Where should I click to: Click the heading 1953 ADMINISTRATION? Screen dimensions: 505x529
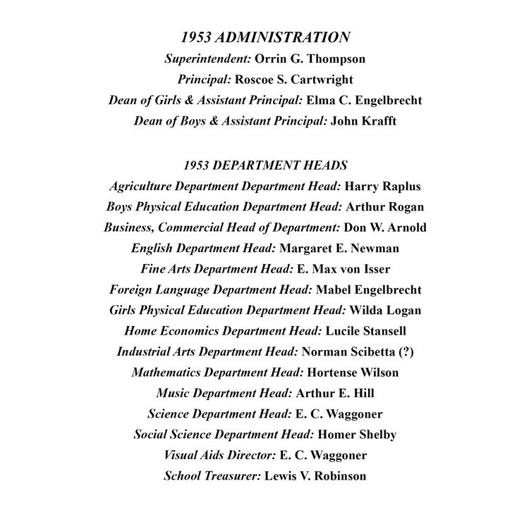point(265,37)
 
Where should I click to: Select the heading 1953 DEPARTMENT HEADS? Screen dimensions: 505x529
point(265,166)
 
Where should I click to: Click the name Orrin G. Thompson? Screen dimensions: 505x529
point(310,58)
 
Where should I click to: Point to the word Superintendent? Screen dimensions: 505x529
point(207,58)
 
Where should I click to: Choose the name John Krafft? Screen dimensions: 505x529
point(363,120)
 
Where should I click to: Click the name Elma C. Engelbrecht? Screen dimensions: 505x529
point(364,100)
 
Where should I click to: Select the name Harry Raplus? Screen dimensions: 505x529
point(382,187)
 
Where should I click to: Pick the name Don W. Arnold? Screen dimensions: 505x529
point(385,227)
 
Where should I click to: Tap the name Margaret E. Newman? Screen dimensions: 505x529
point(339,248)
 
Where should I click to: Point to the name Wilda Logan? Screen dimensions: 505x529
point(385,310)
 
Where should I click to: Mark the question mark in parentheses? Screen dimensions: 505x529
point(406,351)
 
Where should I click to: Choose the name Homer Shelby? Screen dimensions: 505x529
point(357,435)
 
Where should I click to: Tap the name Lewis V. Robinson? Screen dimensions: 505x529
point(315,476)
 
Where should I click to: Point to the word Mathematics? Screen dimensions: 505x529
point(170,373)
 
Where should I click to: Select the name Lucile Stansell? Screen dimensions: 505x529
point(365,331)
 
